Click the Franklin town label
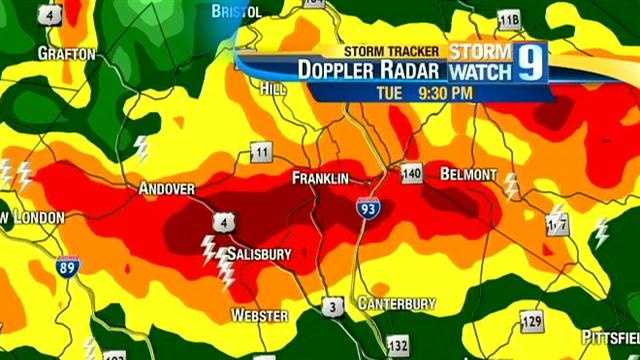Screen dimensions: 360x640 click(320, 178)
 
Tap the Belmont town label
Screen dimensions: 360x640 click(467, 174)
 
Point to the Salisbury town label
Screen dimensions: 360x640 click(258, 254)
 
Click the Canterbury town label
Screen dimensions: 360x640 click(397, 302)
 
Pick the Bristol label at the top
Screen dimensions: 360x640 click(237, 11)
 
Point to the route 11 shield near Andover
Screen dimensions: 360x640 click(261, 152)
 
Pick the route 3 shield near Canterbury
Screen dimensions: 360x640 click(333, 305)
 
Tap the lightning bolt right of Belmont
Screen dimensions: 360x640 click(511, 186)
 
